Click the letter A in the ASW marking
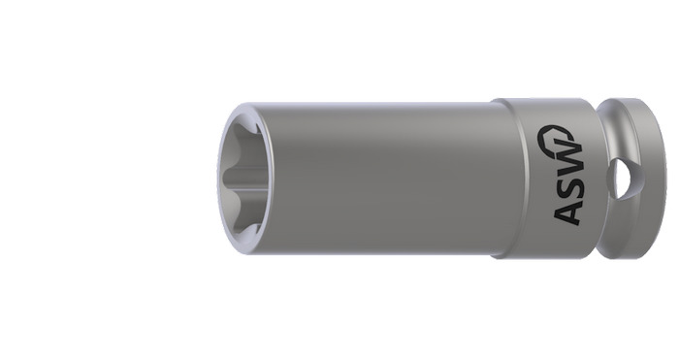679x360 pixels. (x=567, y=212)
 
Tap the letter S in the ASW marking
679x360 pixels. (x=569, y=184)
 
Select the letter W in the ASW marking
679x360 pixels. (x=567, y=156)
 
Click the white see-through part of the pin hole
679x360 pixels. (x=625, y=178)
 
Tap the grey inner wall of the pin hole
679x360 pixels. (x=611, y=178)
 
